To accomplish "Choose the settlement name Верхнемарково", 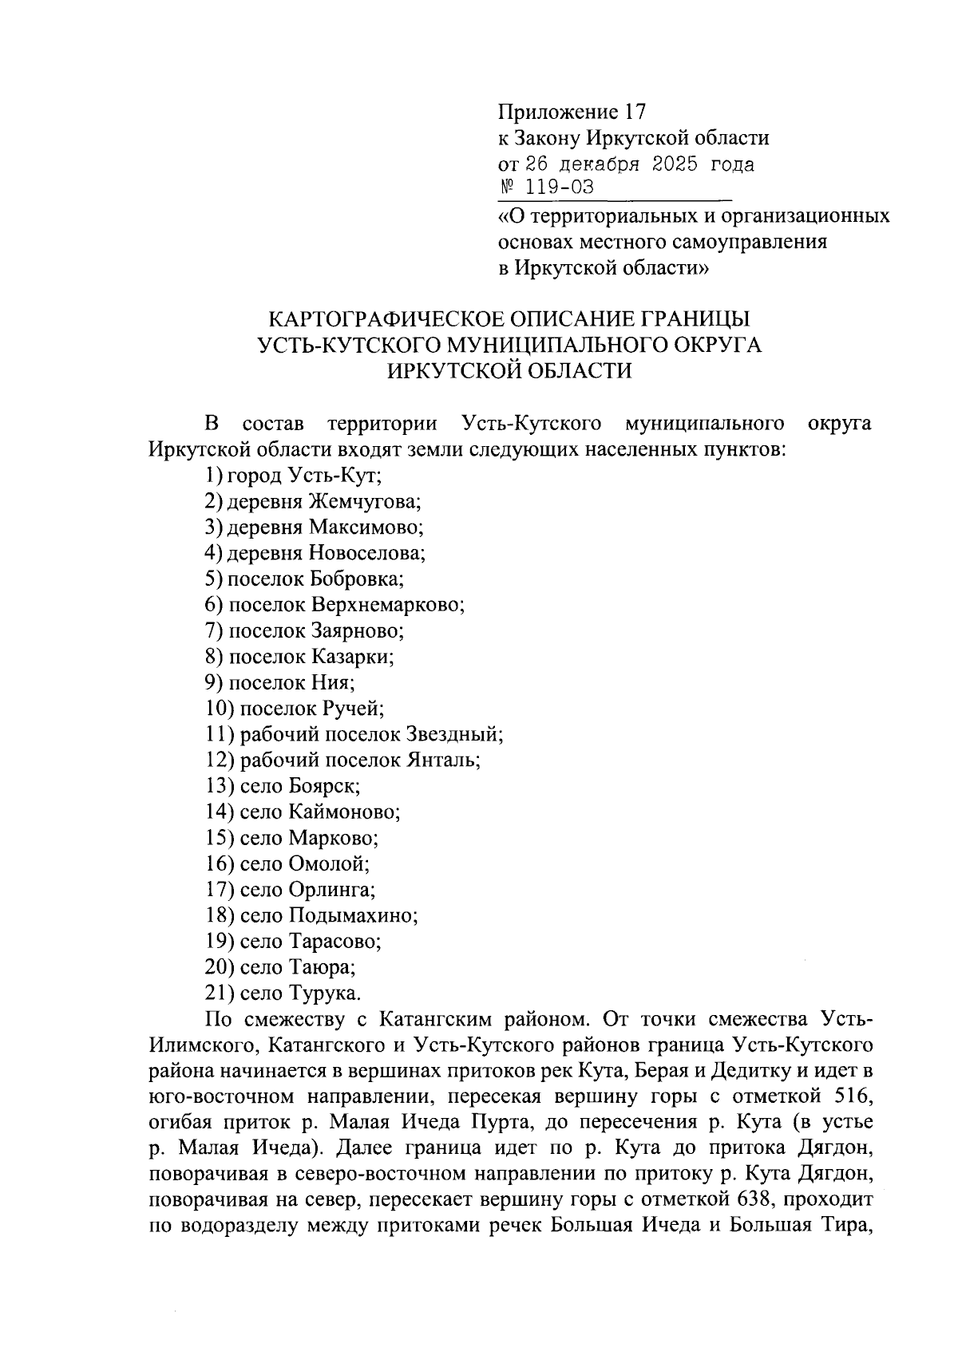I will point(388,605).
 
